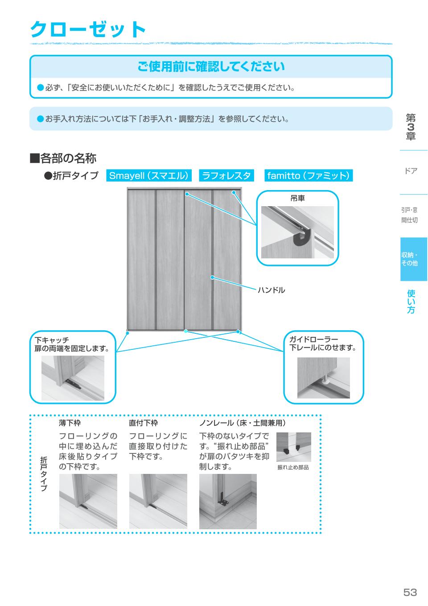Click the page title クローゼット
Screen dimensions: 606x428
coord(88,29)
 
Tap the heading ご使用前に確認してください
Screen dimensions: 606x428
coord(210,67)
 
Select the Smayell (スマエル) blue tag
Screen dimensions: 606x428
coord(149,175)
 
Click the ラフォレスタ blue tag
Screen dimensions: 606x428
coord(226,175)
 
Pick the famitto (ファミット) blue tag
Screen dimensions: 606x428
coord(308,175)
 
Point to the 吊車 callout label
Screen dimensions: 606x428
coord(297,198)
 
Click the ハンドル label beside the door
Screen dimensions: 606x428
coord(271,290)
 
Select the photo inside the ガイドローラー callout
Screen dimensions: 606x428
coord(323,378)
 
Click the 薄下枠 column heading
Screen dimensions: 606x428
coord(70,423)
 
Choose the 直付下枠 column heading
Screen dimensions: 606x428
coord(143,423)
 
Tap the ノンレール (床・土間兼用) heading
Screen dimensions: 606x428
coord(242,423)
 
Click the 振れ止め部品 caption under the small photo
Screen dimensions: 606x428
coord(293,467)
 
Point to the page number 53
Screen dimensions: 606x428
coord(410,592)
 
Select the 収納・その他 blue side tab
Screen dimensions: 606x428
coord(413,259)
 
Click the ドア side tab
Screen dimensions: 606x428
coord(411,171)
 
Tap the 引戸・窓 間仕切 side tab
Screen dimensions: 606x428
coord(409,215)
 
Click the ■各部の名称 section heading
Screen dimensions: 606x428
coord(63,158)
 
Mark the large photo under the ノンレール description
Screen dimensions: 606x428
coord(228,502)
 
